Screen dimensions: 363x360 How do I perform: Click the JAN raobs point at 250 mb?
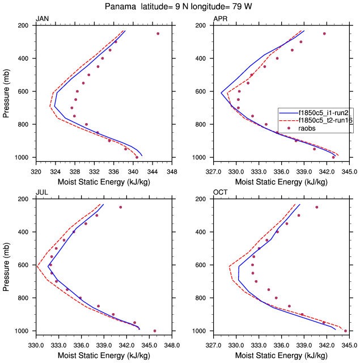(158, 33)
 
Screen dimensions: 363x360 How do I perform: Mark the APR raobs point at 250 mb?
(324, 33)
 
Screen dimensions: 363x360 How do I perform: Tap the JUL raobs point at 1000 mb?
(155, 331)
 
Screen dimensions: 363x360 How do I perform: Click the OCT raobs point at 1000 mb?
(345, 331)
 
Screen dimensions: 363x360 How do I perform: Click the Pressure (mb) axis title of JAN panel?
(6, 91)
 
